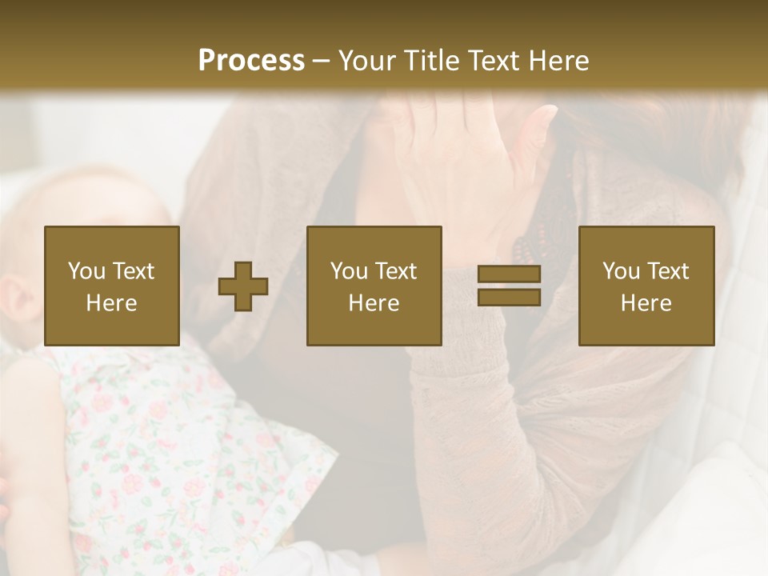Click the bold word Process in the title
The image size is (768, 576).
pos(251,60)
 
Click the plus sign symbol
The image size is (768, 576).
pos(243,286)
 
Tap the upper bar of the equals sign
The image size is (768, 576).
pos(509,274)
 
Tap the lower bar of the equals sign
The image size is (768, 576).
pos(509,298)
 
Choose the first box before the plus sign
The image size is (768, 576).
pos(111,286)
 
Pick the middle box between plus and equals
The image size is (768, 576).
pos(374,286)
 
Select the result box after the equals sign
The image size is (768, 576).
pos(646,286)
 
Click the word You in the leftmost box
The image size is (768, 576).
pos(86,271)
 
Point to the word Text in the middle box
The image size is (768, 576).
pos(396,271)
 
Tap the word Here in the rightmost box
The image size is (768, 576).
pos(646,303)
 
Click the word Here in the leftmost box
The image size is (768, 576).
pos(111,303)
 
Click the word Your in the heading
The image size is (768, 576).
pos(365,60)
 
